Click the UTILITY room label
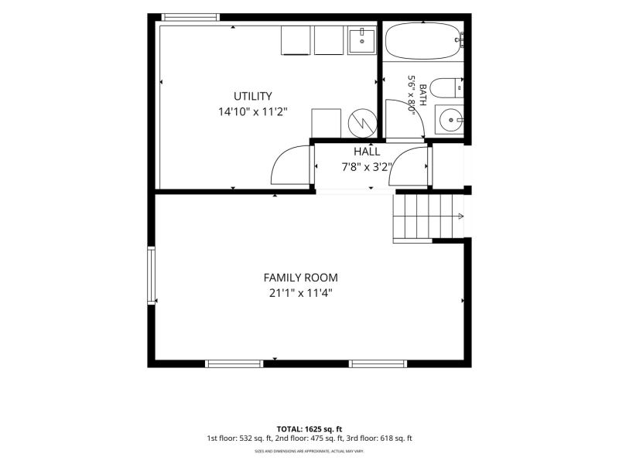pyautogui.click(x=253, y=96)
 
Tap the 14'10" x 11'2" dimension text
pyautogui.click(x=253, y=112)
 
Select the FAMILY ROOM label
pyautogui.click(x=300, y=278)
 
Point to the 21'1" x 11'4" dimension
pyautogui.click(x=300, y=293)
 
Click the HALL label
pyautogui.click(x=367, y=152)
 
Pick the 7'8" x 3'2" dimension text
pyautogui.click(x=367, y=167)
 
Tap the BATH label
pyautogui.click(x=422, y=94)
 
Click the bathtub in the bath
pyautogui.click(x=422, y=41)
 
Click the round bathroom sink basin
pyautogui.click(x=450, y=119)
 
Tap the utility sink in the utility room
pyautogui.click(x=362, y=40)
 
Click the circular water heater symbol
pyautogui.click(x=362, y=123)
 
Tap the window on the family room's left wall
pyautogui.click(x=151, y=275)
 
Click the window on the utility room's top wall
pyautogui.click(x=190, y=17)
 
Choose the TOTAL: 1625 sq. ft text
pyautogui.click(x=309, y=429)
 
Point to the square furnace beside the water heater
pyautogui.click(x=326, y=123)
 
